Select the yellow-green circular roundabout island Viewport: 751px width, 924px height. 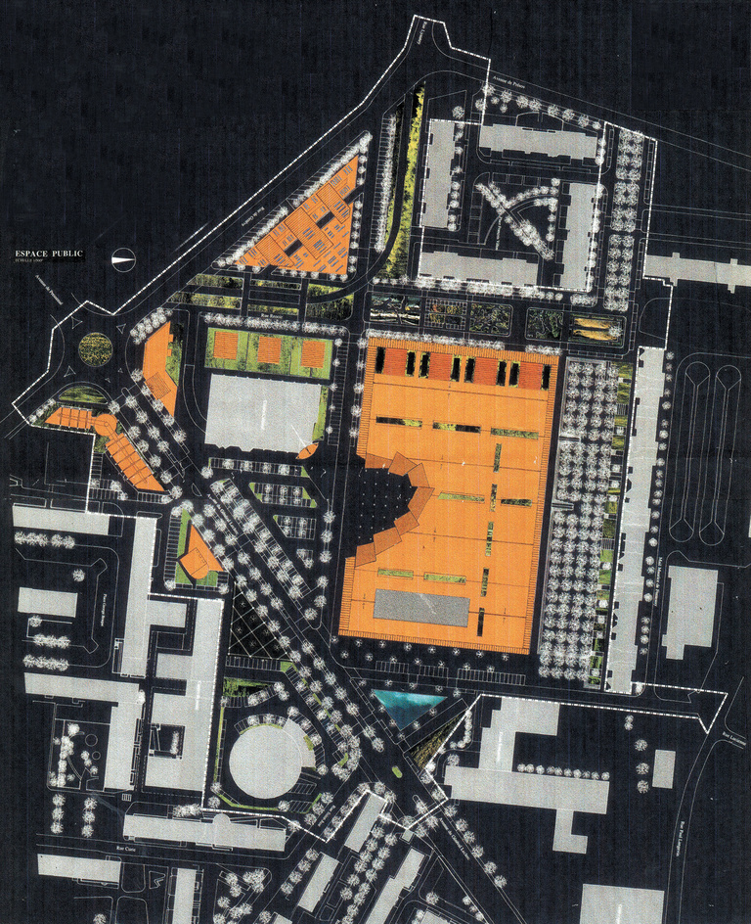[x=95, y=345]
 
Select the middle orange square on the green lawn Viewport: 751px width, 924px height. [x=270, y=349]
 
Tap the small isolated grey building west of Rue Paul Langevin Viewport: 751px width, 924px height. [x=663, y=767]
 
